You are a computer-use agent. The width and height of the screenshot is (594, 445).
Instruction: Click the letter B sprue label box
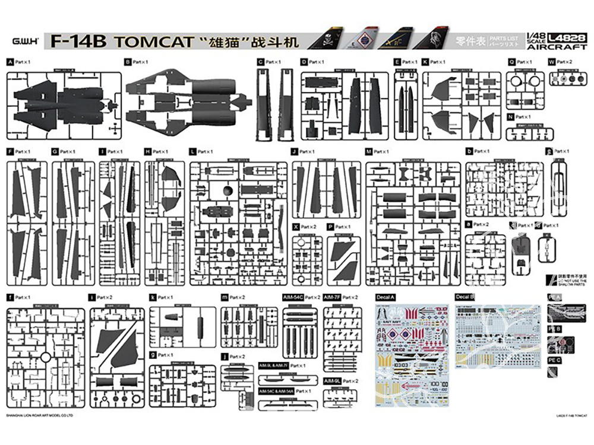(128, 62)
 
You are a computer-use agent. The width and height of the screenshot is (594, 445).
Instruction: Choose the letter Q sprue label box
(511, 62)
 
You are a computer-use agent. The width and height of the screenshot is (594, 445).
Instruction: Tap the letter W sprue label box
(552, 62)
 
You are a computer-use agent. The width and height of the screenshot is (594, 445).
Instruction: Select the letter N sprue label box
(511, 117)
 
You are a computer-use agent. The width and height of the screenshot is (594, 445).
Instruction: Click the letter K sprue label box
(425, 62)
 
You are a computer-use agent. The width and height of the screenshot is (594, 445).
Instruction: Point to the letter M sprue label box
(369, 152)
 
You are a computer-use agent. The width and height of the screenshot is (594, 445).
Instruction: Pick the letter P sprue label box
(330, 227)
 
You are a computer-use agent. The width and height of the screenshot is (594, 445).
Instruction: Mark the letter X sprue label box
(296, 227)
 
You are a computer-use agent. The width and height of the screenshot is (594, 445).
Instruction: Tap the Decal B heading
(465, 295)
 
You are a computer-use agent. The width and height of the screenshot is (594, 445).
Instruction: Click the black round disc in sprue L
(226, 190)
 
